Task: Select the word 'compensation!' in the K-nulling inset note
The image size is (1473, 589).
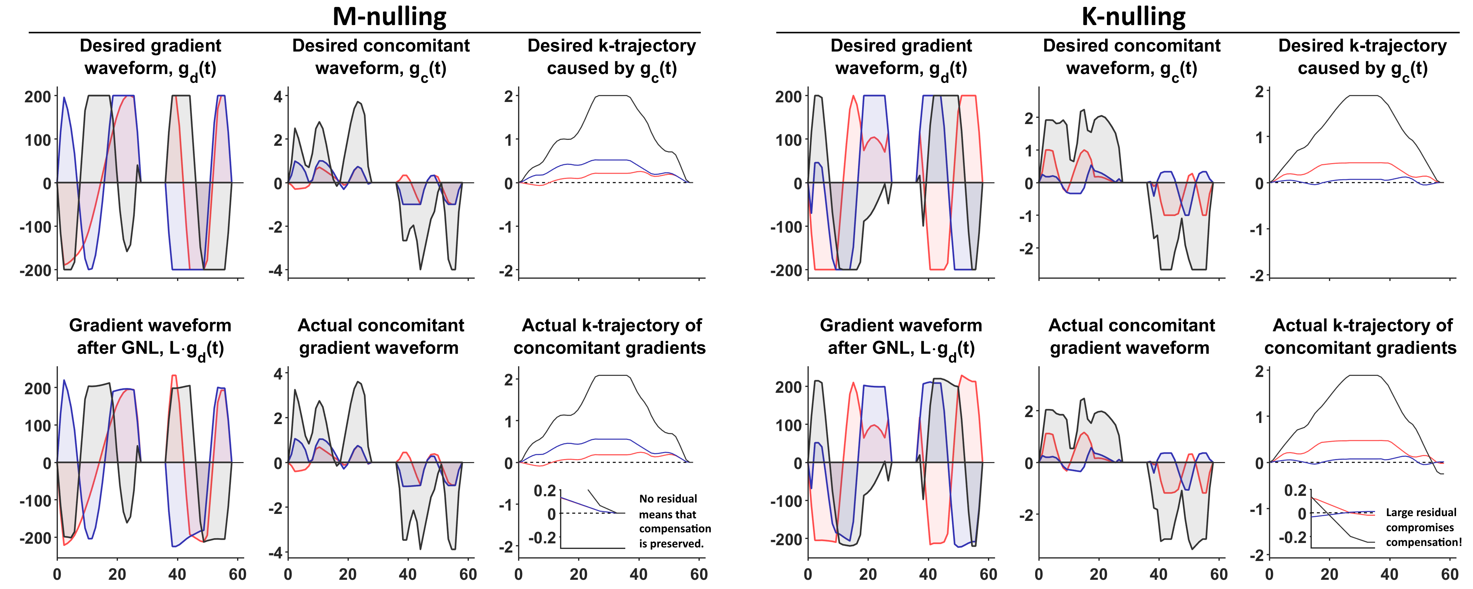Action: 1423,542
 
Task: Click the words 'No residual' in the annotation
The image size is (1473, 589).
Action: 668,499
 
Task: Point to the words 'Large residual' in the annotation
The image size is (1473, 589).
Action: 1421,512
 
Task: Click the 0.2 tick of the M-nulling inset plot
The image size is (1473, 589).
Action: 544,491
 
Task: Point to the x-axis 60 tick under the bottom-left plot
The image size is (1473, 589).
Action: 237,575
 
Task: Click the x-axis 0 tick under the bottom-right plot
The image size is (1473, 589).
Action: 1269,575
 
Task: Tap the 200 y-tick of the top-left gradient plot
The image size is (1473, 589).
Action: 38,97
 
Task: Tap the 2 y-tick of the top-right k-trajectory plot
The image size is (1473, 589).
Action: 1259,92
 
